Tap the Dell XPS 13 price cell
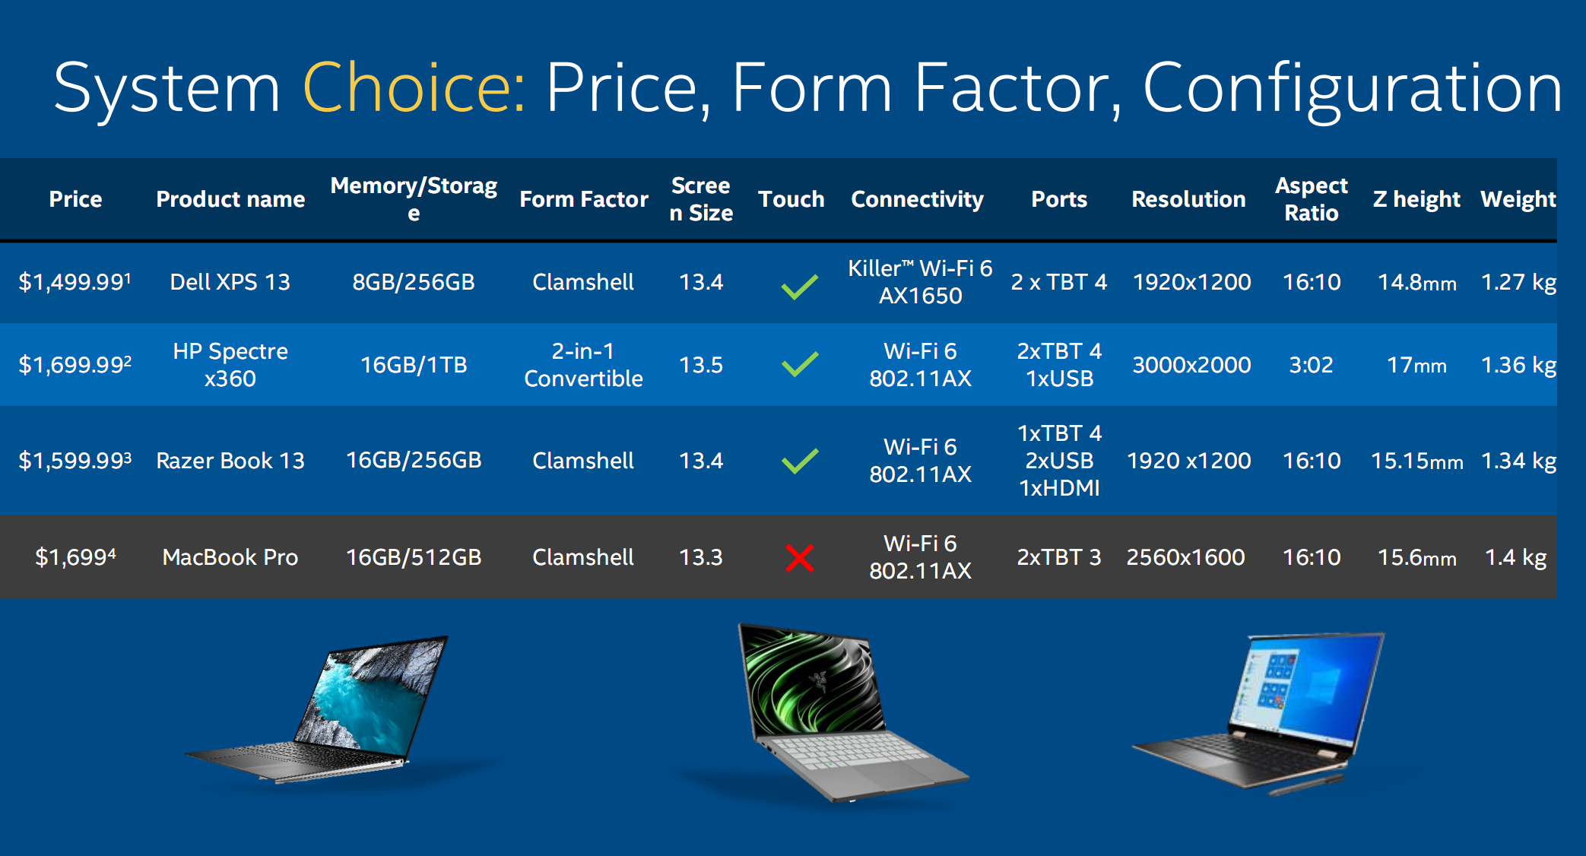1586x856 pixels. (x=75, y=282)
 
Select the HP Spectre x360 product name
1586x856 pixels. (x=230, y=364)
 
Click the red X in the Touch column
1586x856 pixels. (x=800, y=558)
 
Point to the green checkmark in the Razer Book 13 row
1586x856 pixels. (x=800, y=461)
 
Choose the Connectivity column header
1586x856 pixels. (x=917, y=199)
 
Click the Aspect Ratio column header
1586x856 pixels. (x=1312, y=199)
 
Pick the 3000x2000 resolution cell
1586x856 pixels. (x=1191, y=365)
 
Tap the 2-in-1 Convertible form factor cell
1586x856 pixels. (x=583, y=364)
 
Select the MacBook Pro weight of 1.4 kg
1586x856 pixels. (x=1515, y=557)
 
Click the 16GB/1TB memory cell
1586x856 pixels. (x=414, y=365)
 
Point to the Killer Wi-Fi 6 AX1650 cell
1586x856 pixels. (x=920, y=281)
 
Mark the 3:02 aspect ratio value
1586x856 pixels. (x=1311, y=365)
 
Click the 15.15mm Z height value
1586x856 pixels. (x=1416, y=461)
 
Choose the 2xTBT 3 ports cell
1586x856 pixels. (x=1059, y=557)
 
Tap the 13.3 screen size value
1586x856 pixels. (x=701, y=557)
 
